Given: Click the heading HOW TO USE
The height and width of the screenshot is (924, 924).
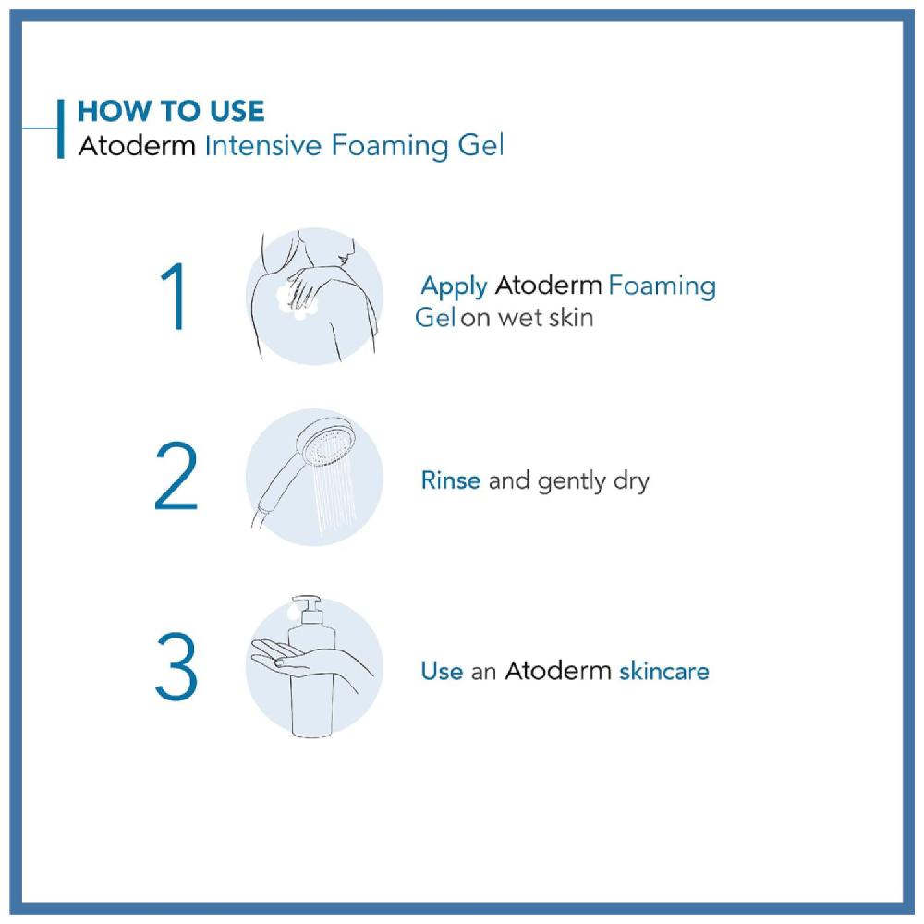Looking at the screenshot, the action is click(x=171, y=112).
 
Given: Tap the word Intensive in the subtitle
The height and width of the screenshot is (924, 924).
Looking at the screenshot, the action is click(x=262, y=145).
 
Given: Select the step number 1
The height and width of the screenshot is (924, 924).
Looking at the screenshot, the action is click(x=175, y=297).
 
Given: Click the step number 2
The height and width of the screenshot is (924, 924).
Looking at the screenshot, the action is click(x=176, y=475).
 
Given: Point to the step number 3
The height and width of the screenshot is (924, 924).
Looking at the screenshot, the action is click(x=176, y=666).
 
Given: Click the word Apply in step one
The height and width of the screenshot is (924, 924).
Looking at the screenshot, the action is click(x=454, y=287).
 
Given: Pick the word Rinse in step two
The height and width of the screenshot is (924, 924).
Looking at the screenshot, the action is click(x=451, y=480).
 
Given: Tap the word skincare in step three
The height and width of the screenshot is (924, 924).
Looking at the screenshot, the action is click(x=664, y=671).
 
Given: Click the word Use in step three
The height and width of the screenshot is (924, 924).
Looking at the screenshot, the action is click(x=442, y=671).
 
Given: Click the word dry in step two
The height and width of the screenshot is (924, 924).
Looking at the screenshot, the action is click(x=631, y=481).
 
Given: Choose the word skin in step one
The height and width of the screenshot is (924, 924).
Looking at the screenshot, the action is click(x=571, y=318).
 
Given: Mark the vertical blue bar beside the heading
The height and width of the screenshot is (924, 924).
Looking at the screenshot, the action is click(x=61, y=128).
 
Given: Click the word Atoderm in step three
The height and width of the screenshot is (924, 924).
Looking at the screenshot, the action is click(x=557, y=671).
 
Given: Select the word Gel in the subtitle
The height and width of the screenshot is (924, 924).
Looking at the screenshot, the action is click(x=480, y=145).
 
